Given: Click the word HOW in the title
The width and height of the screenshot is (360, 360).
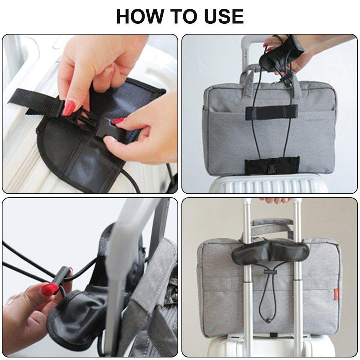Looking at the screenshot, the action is [x=140, y=16].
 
